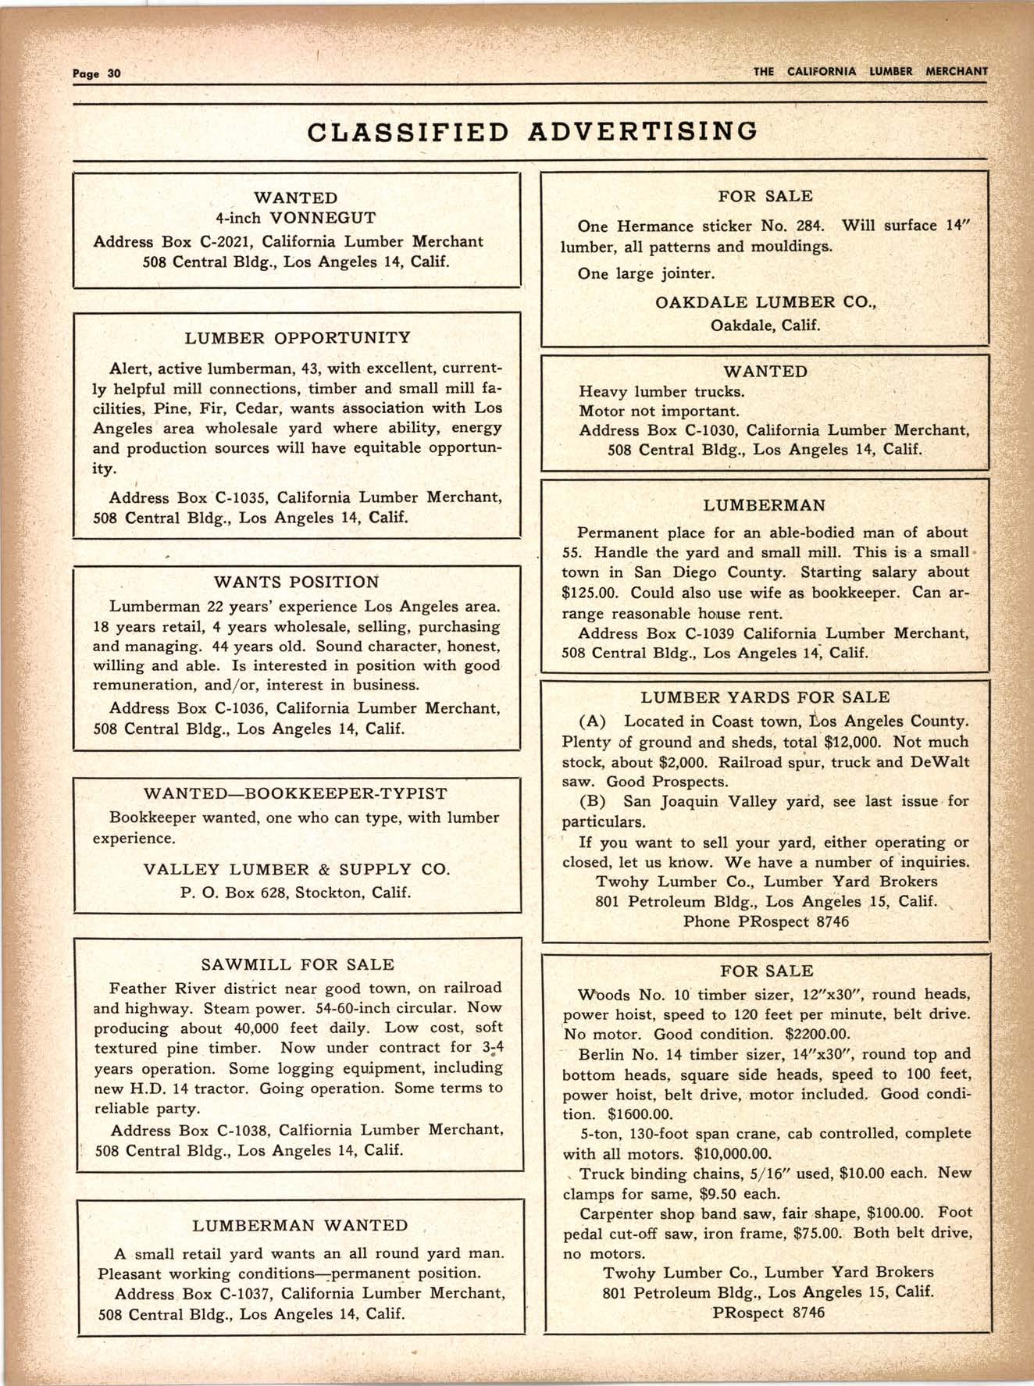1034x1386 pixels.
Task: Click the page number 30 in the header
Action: pyautogui.click(x=114, y=73)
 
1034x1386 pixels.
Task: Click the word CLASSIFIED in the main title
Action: pyautogui.click(x=408, y=131)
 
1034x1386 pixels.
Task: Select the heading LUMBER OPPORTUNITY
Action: pyautogui.click(x=298, y=338)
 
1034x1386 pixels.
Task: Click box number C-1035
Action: pyautogui.click(x=237, y=497)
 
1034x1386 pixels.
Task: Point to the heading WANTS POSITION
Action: pyautogui.click(x=296, y=583)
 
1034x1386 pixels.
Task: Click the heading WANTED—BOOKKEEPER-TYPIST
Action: pyautogui.click(x=296, y=794)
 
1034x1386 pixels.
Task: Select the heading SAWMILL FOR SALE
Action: pyautogui.click(x=298, y=964)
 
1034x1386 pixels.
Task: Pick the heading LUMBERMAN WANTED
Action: pyautogui.click(x=300, y=1226)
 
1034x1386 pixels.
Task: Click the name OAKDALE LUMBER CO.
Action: pyautogui.click(x=765, y=302)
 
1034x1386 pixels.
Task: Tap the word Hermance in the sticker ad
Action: pyautogui.click(x=654, y=226)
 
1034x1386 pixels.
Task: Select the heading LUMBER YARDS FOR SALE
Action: pyautogui.click(x=765, y=697)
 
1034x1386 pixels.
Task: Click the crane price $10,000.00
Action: pyautogui.click(x=733, y=1154)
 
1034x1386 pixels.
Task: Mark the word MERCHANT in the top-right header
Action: pyautogui.click(x=956, y=71)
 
